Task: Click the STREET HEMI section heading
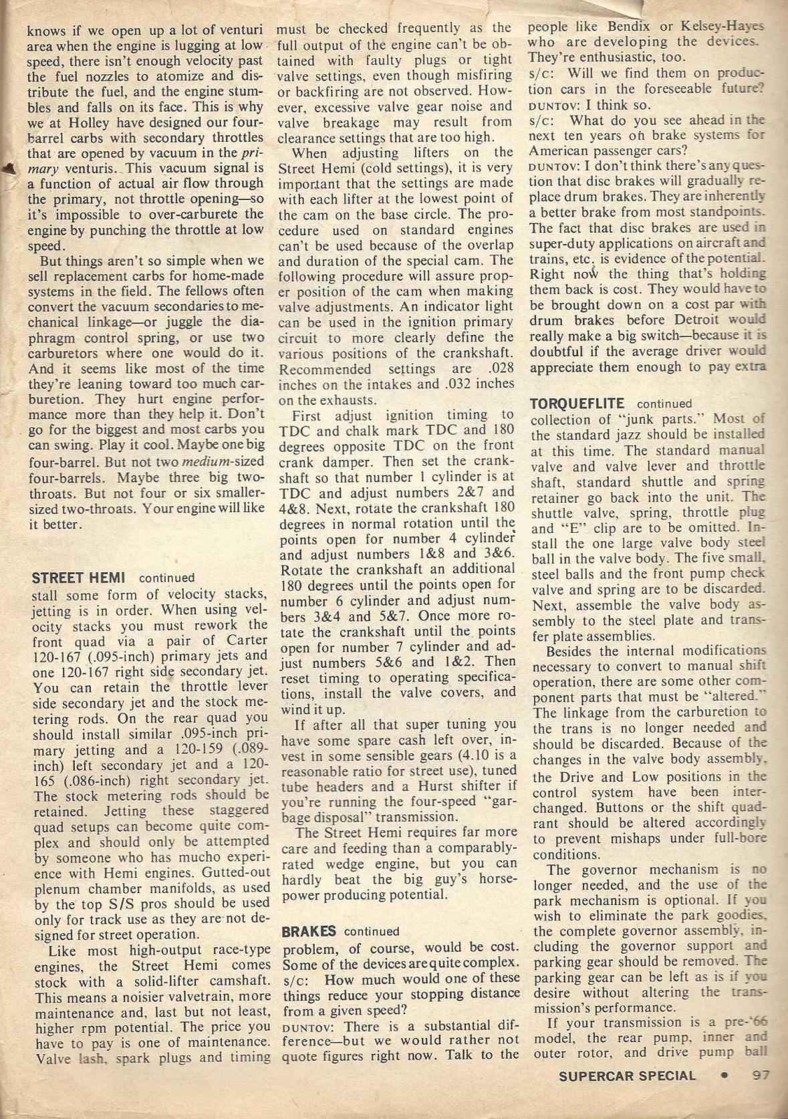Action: point(80,578)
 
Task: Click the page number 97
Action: point(760,1076)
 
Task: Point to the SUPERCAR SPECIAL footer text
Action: point(627,1076)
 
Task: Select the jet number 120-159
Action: point(194,749)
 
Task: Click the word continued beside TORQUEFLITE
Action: point(665,404)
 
